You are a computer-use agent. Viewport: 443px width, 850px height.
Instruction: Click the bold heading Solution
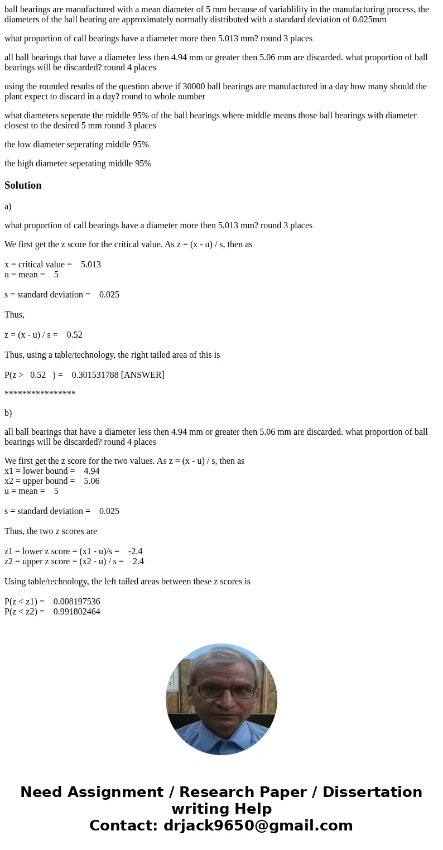(23, 185)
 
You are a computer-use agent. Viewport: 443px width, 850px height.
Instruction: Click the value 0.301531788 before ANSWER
(95, 375)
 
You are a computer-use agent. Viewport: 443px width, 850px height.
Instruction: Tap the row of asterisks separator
(40, 394)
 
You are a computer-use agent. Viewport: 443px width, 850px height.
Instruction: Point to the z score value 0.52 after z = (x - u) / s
(74, 335)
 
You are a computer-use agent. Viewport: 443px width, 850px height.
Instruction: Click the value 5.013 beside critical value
(91, 265)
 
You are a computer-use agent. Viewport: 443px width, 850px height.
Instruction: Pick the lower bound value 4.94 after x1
(92, 471)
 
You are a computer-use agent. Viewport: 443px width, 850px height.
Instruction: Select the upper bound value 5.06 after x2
(92, 481)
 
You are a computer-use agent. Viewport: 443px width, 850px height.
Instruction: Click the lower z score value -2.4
(135, 551)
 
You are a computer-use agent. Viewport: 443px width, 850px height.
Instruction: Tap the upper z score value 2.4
(138, 561)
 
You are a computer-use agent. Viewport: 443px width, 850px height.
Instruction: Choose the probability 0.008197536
(77, 602)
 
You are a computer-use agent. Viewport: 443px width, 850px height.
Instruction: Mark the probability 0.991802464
(77, 612)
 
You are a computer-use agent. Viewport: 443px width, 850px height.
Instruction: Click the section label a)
(8, 207)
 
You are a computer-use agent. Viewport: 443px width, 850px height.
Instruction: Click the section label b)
(8, 413)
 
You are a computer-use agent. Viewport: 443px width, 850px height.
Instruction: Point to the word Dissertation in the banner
(372, 793)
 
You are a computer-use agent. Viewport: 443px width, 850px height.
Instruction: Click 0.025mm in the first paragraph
(369, 20)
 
